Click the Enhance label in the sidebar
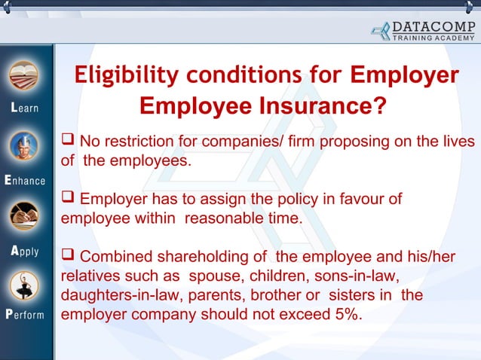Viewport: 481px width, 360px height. point(24,181)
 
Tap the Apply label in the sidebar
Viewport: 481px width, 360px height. point(24,251)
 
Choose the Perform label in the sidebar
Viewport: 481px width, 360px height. point(24,314)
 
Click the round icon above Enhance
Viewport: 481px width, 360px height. point(23,148)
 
